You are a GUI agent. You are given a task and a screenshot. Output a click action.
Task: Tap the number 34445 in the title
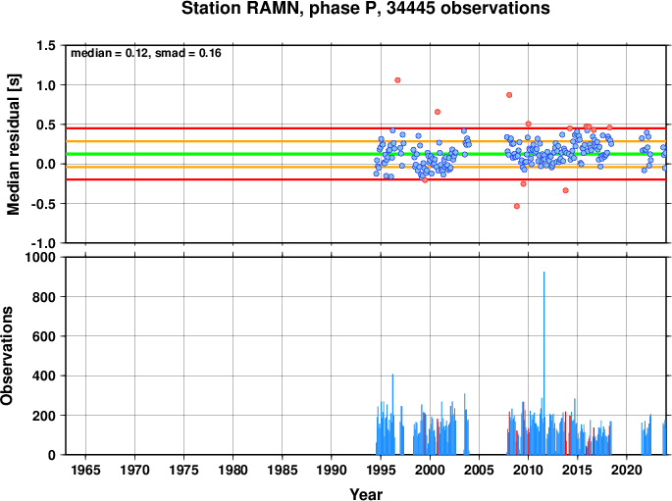tap(410, 8)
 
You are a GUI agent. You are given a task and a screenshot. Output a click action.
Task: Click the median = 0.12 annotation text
tap(109, 53)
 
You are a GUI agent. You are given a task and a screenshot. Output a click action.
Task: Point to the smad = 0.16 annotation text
tap(187, 53)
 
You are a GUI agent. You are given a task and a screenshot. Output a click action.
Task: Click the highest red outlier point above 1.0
tap(397, 80)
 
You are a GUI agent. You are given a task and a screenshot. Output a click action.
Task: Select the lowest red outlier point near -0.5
tap(517, 206)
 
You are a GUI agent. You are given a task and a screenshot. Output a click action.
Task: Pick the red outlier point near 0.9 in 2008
tap(509, 95)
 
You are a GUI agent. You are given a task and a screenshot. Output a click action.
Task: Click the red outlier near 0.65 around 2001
tap(438, 112)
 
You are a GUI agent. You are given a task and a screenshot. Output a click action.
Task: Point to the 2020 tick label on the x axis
tap(627, 470)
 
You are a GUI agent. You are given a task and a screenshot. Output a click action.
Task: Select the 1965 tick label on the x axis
tap(85, 470)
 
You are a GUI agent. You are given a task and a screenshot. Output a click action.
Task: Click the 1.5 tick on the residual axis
tap(46, 45)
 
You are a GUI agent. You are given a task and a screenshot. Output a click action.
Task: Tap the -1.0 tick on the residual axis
tap(43, 243)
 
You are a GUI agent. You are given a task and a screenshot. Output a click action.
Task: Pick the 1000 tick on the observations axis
tap(40, 257)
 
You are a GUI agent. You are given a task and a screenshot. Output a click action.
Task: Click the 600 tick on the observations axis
tap(44, 336)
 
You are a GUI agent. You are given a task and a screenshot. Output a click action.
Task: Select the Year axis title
tap(366, 494)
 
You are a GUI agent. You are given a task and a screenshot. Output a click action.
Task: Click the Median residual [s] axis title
tap(14, 144)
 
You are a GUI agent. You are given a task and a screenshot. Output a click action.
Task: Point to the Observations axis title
tap(7, 356)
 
